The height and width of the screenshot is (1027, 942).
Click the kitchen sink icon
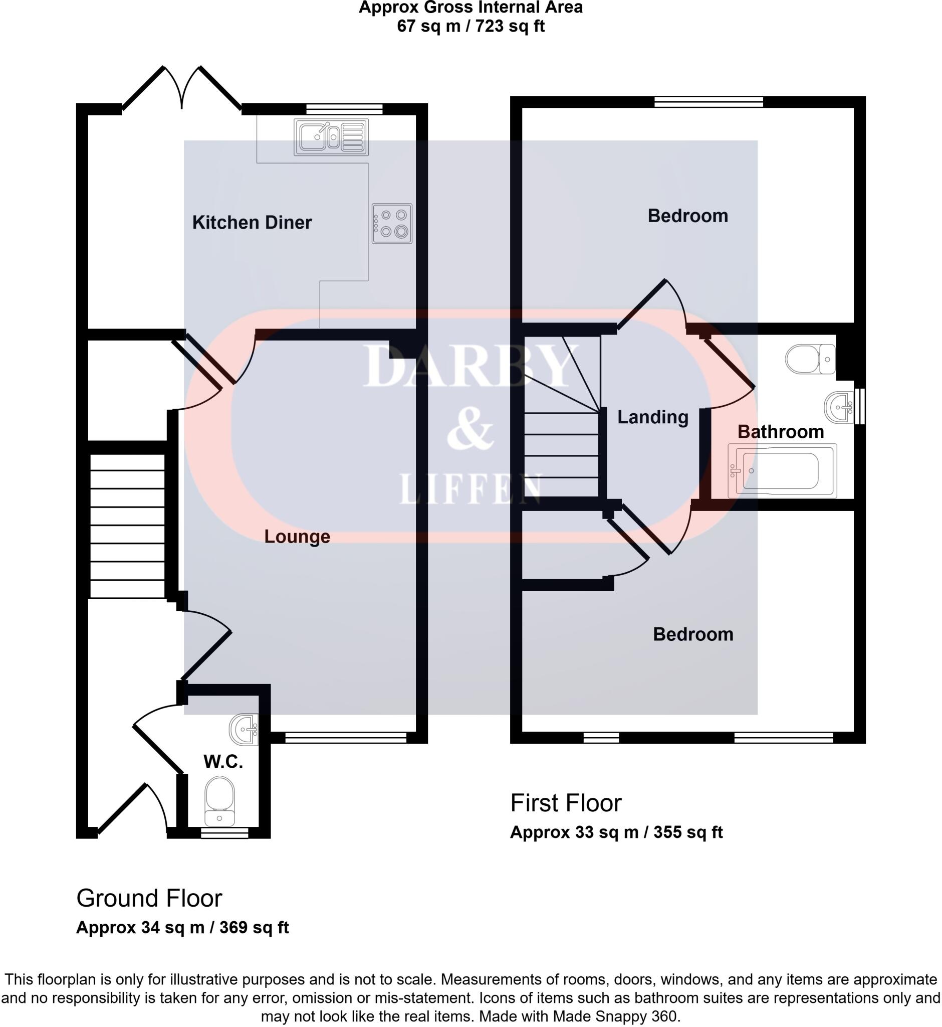[x=331, y=137]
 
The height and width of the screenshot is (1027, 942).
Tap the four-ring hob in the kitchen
[x=391, y=224]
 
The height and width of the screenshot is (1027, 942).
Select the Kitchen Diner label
[x=252, y=223]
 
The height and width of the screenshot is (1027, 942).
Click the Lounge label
[x=297, y=536]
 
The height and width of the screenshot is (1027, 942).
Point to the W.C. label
[x=223, y=762]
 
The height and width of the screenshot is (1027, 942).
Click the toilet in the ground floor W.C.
[x=219, y=801]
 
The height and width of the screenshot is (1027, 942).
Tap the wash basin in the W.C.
[x=244, y=730]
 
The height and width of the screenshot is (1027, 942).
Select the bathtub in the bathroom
[x=782, y=470]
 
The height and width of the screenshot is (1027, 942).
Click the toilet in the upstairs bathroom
[x=810, y=359]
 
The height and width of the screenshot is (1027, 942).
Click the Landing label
[x=652, y=417]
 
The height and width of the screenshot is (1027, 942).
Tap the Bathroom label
[x=781, y=432]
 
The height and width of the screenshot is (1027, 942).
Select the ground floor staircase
[x=127, y=526]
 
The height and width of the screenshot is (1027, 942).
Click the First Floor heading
[x=566, y=803]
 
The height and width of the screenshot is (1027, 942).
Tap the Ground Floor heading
[x=149, y=899]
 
